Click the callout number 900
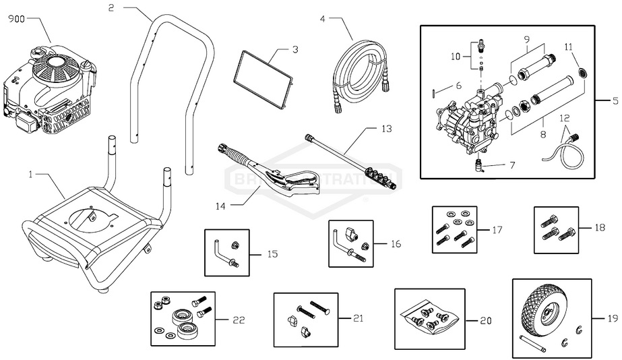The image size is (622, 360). click(x=15, y=20)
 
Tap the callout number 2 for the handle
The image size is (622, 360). click(x=111, y=7)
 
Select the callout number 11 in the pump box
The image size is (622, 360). click(x=568, y=47)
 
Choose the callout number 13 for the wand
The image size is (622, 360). click(x=386, y=127)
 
